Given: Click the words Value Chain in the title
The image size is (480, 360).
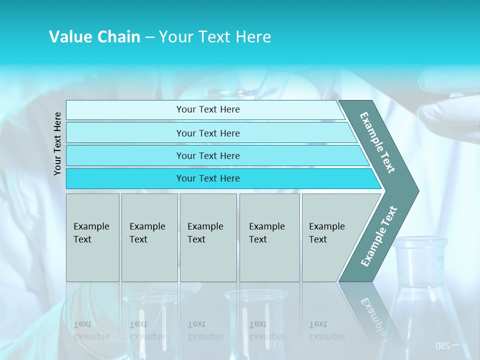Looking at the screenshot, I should pyautogui.click(x=94, y=37).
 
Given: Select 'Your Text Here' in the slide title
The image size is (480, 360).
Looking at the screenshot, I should pyautogui.click(x=215, y=37).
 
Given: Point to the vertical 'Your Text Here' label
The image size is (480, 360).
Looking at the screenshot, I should pyautogui.click(x=57, y=143).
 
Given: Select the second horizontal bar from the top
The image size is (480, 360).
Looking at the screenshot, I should pyautogui.click(x=208, y=133).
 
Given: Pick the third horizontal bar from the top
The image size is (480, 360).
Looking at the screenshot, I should pyautogui.click(x=208, y=155).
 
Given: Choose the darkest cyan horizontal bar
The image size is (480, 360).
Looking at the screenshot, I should pyautogui.click(x=208, y=178).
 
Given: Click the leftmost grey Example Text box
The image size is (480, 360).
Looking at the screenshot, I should pyautogui.click(x=92, y=237).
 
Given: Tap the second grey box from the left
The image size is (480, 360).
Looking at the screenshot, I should pyautogui.click(x=149, y=237).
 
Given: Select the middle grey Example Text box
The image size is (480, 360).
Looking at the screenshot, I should pyautogui.click(x=208, y=237).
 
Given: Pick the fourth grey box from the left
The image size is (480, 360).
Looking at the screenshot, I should pyautogui.click(x=269, y=237).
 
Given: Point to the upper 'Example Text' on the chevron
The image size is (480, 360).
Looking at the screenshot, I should pyautogui.click(x=378, y=142).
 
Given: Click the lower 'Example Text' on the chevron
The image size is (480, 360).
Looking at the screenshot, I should pyautogui.click(x=379, y=236).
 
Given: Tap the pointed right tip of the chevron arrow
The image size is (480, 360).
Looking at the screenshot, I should pyautogui.click(x=416, y=191).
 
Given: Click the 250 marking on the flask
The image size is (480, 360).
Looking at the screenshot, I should pyautogui.click(x=443, y=345).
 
